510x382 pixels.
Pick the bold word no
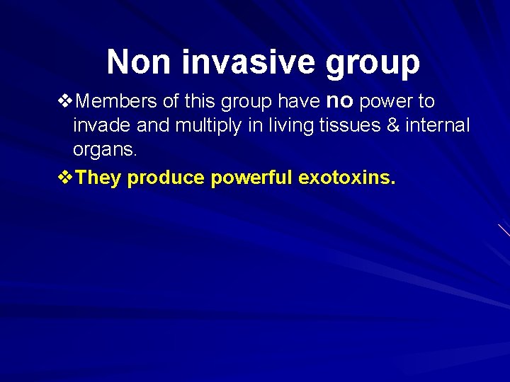pyautogui.click(x=341, y=102)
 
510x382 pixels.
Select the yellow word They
pyautogui.click(x=98, y=178)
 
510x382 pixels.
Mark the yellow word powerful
pyautogui.click(x=251, y=178)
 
